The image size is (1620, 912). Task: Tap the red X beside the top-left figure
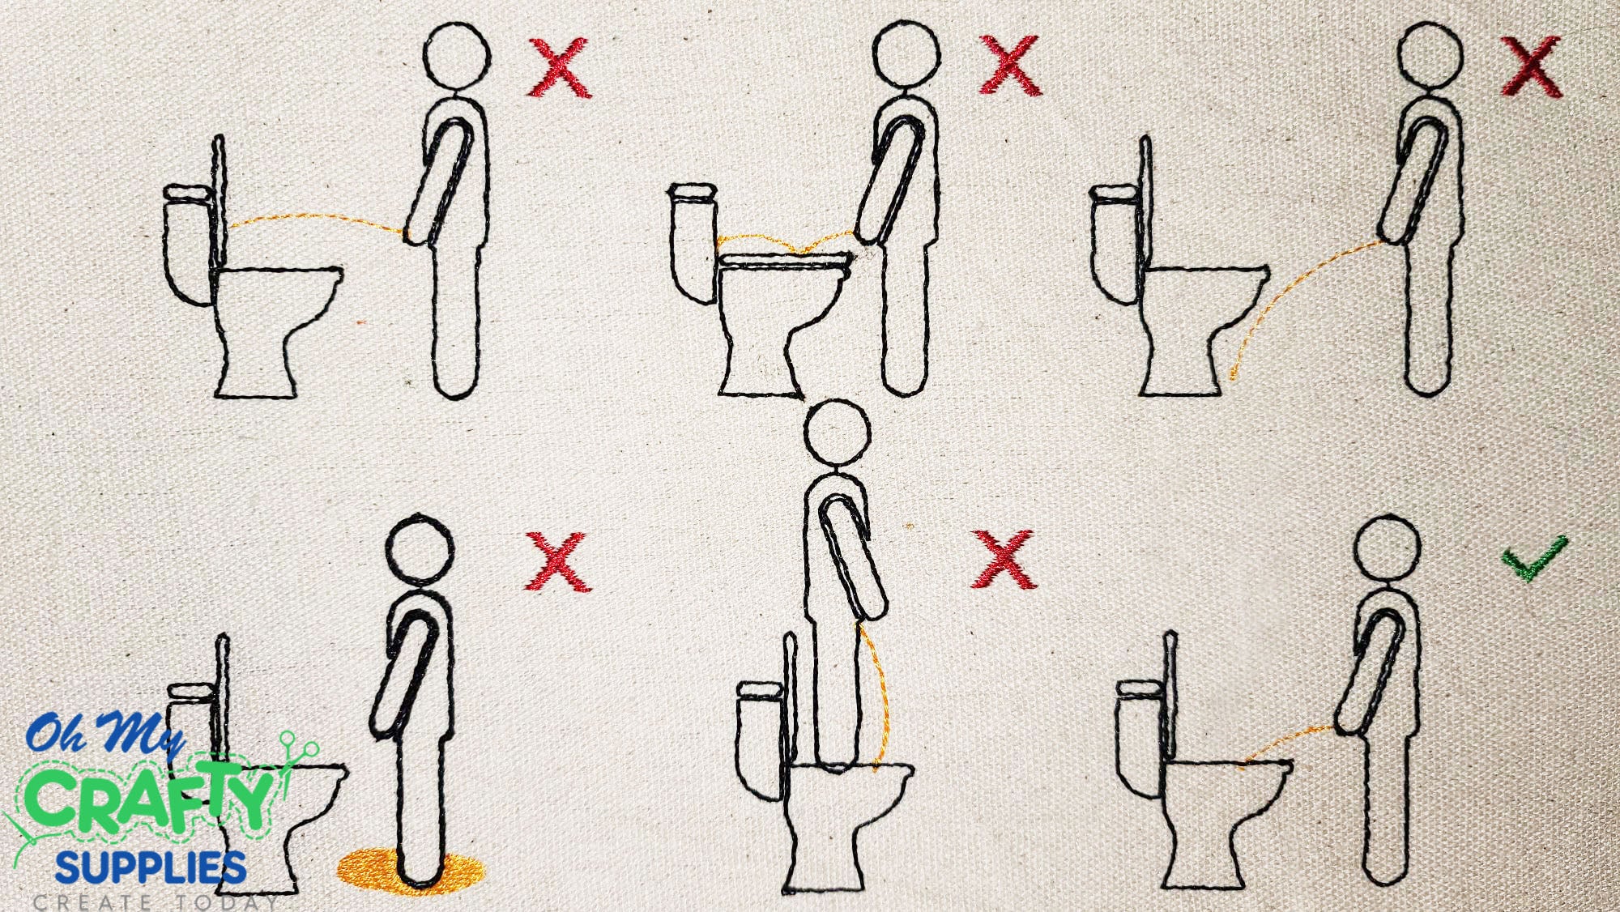[x=559, y=68]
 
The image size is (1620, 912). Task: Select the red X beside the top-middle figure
[x=1009, y=65]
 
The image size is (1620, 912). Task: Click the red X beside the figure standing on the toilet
[x=1004, y=560]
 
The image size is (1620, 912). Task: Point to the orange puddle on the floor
[x=410, y=871]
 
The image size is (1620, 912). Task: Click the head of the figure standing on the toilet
[x=838, y=432]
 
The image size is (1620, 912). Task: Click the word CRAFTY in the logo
[x=150, y=798]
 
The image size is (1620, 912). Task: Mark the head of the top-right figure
[x=1431, y=54]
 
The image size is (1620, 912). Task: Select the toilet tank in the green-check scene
[x=1142, y=741]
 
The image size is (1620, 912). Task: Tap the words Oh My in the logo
[x=105, y=734]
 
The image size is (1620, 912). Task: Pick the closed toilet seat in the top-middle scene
[x=786, y=261]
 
